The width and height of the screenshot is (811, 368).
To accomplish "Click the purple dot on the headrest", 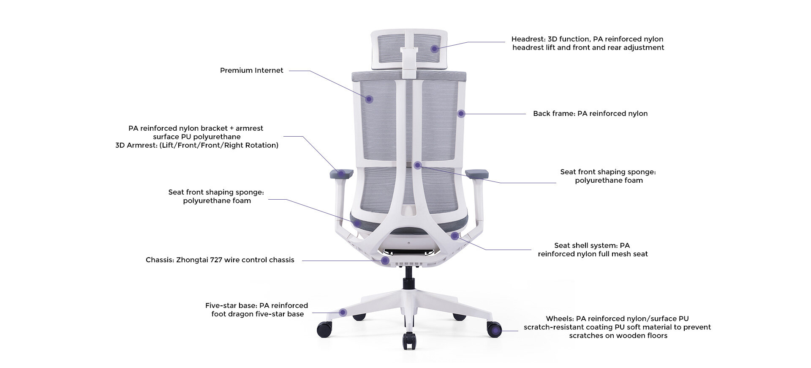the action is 434,49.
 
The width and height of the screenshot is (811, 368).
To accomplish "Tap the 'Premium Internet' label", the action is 252,71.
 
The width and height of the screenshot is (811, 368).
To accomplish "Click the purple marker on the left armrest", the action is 340,173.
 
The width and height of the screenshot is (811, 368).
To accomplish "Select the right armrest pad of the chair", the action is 477,173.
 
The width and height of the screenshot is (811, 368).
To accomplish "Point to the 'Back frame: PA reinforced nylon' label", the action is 590,114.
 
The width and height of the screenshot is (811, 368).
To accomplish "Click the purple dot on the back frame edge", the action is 461,113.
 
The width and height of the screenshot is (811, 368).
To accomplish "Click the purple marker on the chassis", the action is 385,261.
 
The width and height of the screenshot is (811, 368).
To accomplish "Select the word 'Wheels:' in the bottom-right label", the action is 560,319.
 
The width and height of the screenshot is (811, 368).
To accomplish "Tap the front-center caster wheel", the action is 409,341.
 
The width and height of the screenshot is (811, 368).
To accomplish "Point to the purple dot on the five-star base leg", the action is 343,313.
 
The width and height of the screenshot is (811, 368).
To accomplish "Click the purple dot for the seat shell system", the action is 454,236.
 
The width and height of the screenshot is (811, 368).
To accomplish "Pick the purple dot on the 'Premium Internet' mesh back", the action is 369,99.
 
